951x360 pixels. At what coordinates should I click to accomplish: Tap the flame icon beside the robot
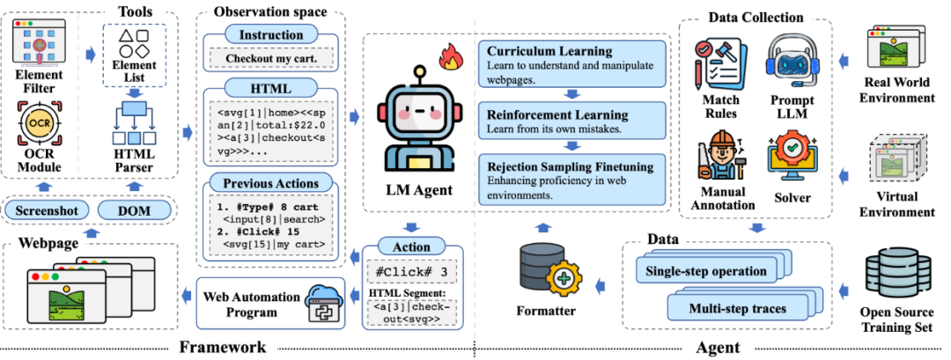point(451,60)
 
